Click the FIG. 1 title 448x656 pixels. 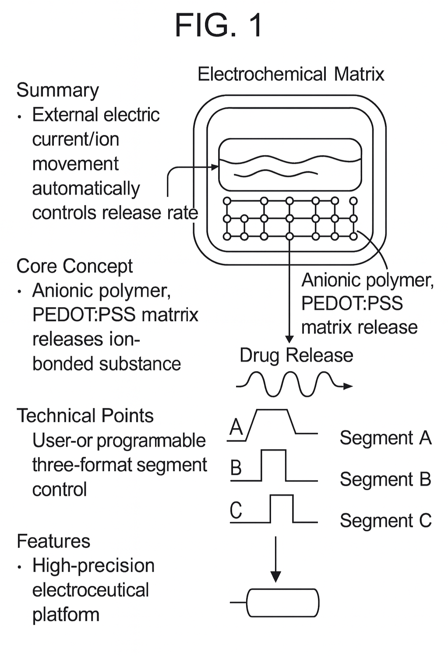219,25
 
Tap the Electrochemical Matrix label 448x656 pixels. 291,74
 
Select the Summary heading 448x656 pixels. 57,90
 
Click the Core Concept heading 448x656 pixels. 74,266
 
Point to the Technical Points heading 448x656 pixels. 85,415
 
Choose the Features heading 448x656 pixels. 53,541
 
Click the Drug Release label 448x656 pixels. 296,355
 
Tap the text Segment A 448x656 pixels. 385,438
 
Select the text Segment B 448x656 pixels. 385,479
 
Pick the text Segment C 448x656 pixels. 385,521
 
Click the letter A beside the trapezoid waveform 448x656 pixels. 236,426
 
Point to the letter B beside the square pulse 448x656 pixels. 236,468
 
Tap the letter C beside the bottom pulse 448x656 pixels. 236,510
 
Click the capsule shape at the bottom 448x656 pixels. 283,603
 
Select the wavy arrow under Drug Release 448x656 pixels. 293,384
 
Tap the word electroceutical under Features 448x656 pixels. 91,590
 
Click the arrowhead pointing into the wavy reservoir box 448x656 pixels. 215,167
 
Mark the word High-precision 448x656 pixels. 93,566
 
